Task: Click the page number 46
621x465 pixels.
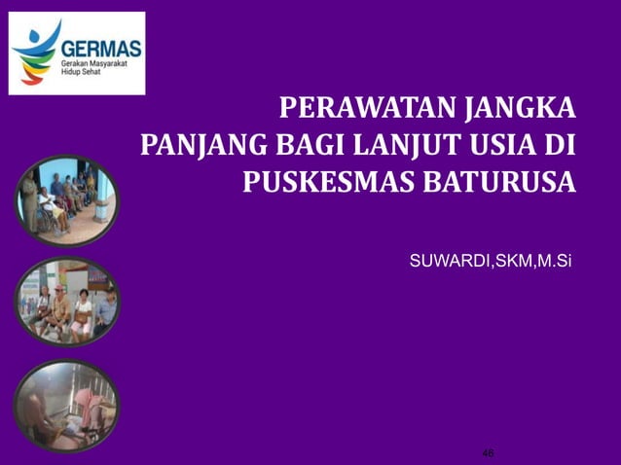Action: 489,453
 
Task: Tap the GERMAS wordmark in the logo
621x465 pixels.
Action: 101,48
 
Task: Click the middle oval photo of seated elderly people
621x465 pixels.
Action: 65,301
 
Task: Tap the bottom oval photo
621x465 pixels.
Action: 65,405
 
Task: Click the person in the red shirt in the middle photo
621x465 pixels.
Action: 84,309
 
